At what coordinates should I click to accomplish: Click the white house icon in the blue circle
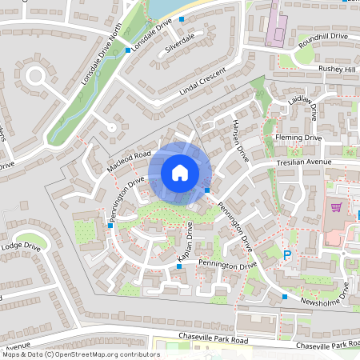180,172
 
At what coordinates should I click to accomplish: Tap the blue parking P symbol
288,255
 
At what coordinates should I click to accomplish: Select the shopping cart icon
336,207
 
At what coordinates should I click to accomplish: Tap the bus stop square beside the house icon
207,190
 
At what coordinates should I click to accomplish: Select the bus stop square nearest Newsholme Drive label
285,297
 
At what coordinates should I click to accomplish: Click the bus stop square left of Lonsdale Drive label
128,50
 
